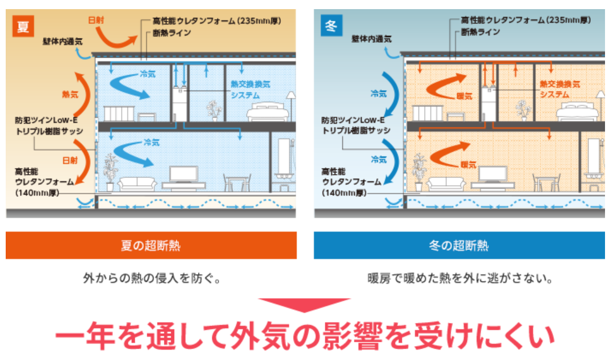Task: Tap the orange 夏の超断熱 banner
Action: (x=151, y=245)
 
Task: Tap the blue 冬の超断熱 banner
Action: (x=459, y=245)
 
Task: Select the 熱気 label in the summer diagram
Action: (x=70, y=95)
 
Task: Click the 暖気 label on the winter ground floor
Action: (x=469, y=164)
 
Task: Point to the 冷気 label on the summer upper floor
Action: (x=147, y=74)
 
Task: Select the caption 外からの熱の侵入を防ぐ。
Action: (x=151, y=279)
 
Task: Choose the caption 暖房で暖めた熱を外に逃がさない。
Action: (x=459, y=279)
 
